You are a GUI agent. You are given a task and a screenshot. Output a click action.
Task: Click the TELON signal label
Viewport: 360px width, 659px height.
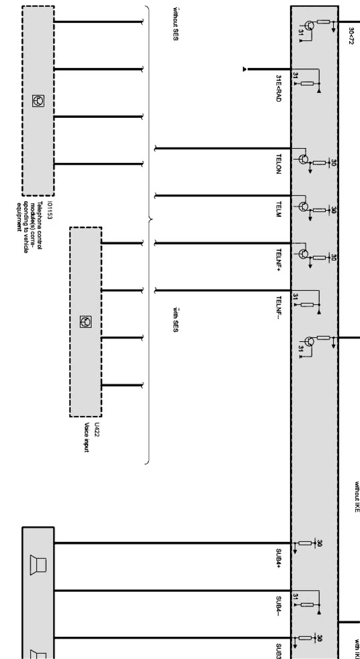[279, 164]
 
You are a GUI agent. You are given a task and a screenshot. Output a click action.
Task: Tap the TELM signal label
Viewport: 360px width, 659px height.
[279, 209]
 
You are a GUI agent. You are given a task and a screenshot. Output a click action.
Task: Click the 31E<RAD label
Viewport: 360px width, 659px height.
[279, 88]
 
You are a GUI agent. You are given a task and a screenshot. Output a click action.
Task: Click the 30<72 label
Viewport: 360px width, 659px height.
[351, 36]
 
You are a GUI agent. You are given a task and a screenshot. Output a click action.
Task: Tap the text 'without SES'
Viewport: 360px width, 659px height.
[175, 23]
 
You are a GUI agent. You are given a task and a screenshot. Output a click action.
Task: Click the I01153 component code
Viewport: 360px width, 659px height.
[50, 210]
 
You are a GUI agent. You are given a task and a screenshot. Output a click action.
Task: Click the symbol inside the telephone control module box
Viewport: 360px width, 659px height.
[38, 101]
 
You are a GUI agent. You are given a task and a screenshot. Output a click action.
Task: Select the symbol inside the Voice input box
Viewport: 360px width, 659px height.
[85, 322]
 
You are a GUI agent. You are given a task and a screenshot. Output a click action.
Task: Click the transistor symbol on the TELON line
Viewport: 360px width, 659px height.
[303, 159]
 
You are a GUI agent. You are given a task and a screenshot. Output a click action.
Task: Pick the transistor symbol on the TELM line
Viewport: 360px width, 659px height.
[303, 207]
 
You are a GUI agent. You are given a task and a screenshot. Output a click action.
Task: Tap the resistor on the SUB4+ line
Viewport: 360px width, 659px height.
[305, 544]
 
